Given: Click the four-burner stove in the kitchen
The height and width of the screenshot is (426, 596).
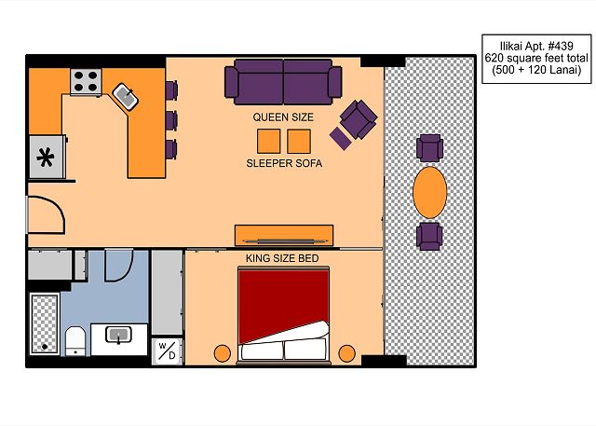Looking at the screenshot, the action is click(86, 82).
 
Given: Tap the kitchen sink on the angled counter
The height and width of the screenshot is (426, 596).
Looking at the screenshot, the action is click(125, 97).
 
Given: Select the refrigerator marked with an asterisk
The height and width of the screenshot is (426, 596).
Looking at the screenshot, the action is click(47, 158).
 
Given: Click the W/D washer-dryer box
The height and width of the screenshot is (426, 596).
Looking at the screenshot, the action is click(168, 351).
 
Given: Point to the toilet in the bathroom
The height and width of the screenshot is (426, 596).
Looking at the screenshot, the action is click(75, 341).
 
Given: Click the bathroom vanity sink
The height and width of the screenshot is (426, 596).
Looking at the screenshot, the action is click(119, 335).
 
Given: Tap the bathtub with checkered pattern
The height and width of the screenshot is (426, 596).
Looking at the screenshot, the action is click(45, 323).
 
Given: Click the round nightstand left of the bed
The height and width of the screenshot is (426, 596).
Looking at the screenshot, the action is click(223, 353).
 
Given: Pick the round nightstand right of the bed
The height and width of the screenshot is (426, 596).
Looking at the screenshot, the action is click(346, 353).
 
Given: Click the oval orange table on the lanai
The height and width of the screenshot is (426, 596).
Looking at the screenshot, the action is click(429, 192).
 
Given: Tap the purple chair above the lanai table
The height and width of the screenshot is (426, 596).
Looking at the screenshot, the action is click(429, 148).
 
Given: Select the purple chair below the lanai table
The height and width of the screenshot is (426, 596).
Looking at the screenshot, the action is click(429, 236).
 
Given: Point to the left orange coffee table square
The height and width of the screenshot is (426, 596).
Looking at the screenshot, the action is click(269, 141).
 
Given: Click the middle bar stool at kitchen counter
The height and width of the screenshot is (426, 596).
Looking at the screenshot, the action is click(171, 120).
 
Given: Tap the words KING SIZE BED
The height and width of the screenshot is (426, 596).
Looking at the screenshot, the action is click(282, 258).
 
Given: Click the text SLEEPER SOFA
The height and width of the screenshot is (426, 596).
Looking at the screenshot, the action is click(284, 163).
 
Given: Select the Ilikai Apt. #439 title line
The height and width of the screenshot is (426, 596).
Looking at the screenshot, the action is click(536, 47).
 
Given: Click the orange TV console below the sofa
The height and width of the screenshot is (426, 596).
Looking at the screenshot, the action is click(284, 235).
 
